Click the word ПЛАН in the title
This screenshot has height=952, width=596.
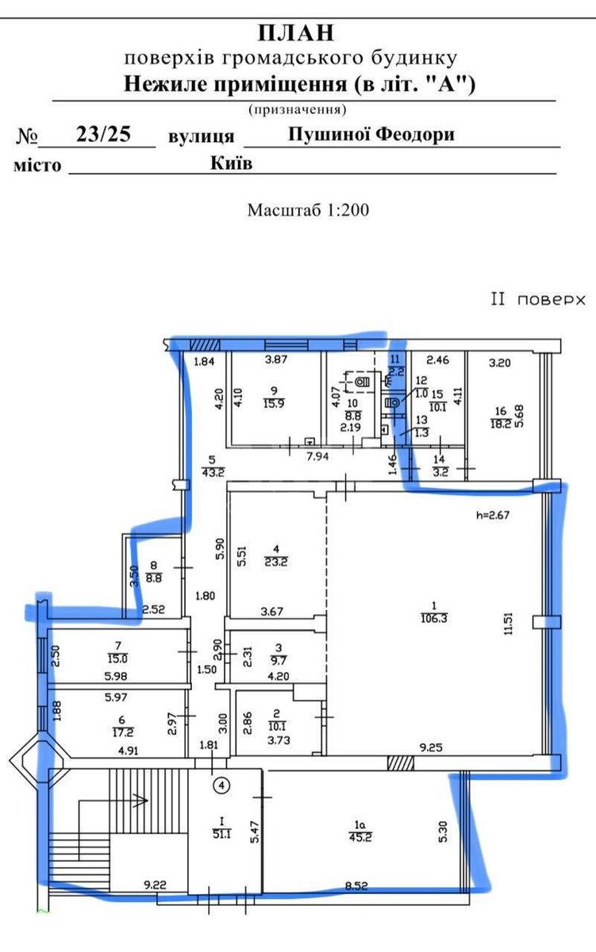point(296,33)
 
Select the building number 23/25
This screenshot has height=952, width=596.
point(103,134)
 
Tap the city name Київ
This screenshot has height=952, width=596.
point(232,163)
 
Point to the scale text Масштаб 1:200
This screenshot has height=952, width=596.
point(308,210)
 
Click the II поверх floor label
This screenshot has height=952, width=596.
point(537,300)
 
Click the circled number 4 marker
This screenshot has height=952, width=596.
point(223,785)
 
